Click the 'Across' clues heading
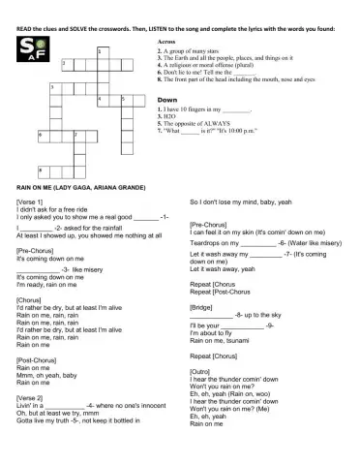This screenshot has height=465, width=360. coord(166,44)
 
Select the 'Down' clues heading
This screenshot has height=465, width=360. coord(166,100)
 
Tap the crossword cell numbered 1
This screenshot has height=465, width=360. coord(102,50)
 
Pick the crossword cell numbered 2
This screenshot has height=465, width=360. coord(65,64)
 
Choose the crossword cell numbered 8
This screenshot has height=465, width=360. coord(41,161)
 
